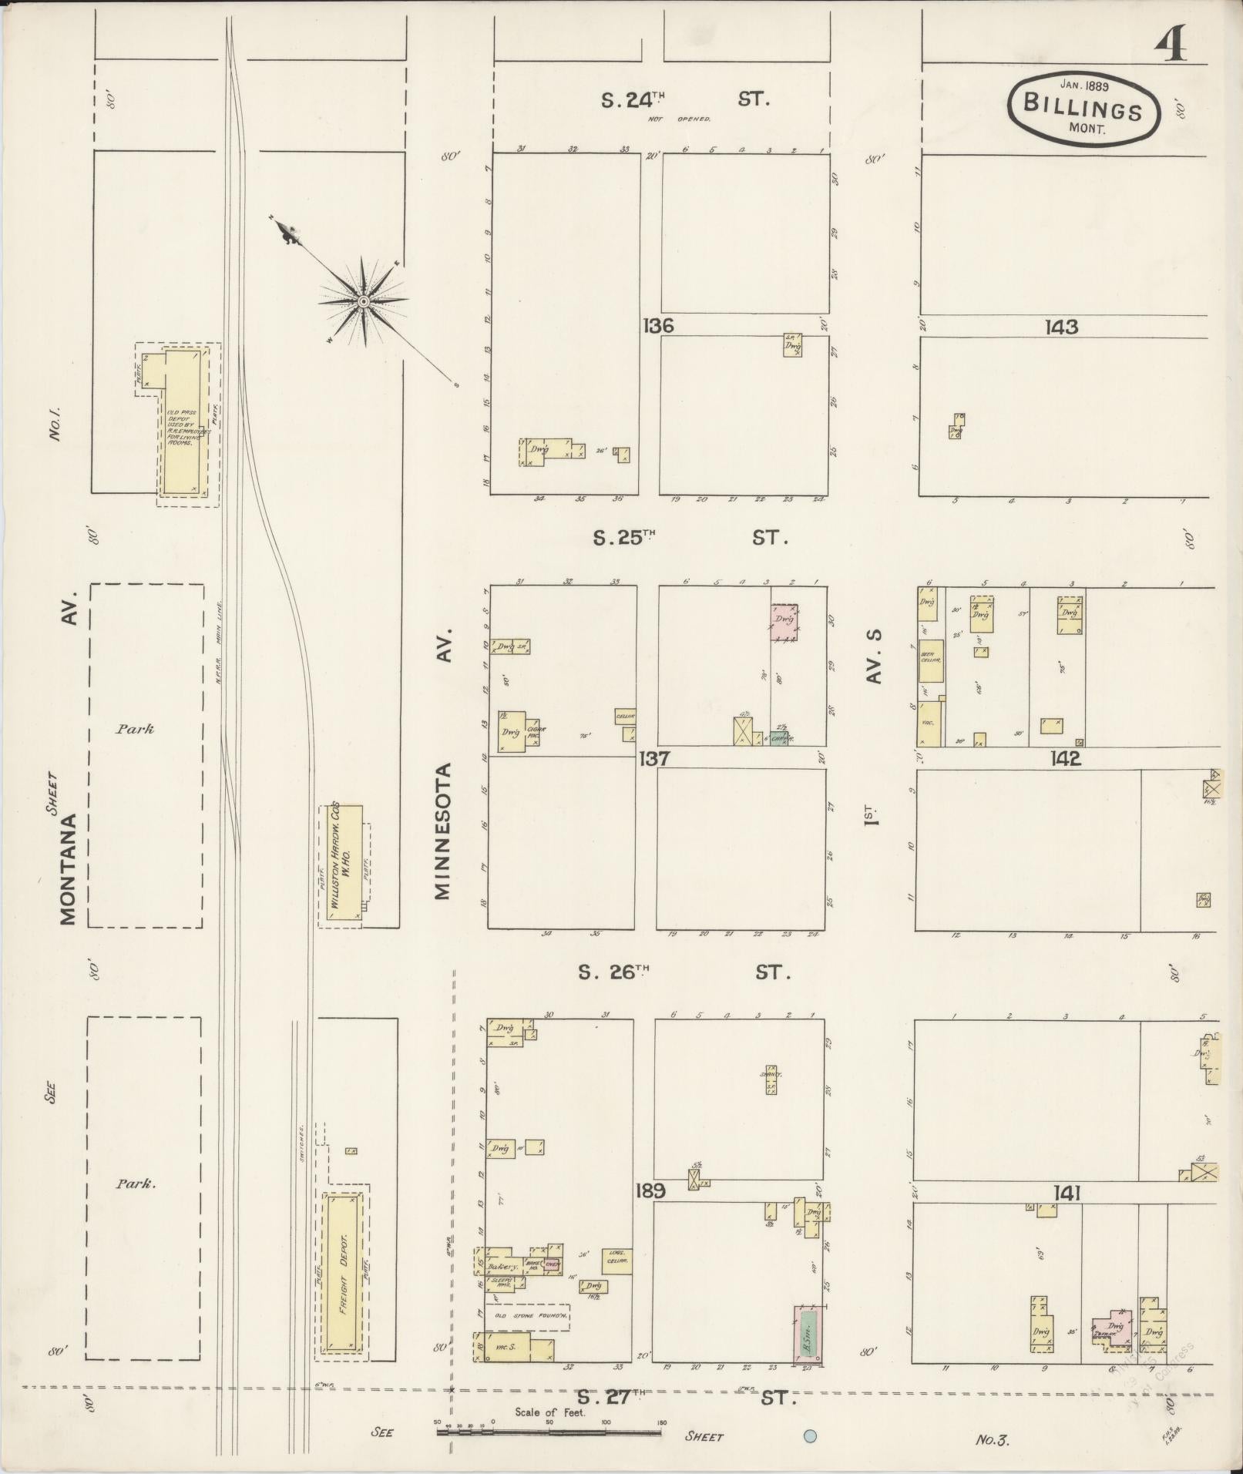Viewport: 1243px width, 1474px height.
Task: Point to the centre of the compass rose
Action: click(x=362, y=301)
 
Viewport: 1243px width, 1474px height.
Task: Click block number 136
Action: click(x=657, y=326)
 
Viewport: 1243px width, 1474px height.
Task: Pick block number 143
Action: click(x=1061, y=327)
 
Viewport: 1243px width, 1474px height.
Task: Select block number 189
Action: click(x=650, y=1212)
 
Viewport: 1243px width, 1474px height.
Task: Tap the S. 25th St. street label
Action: click(x=690, y=538)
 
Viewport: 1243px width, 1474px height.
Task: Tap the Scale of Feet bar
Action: click(x=549, y=1433)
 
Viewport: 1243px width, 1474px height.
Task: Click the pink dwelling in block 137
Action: click(x=784, y=621)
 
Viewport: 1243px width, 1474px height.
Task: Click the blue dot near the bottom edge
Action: click(x=810, y=1435)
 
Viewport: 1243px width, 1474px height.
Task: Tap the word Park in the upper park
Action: click(x=135, y=728)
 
